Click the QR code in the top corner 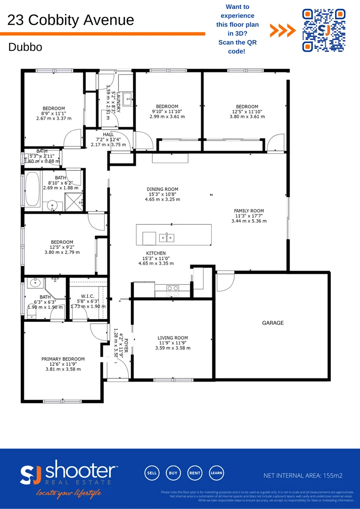click(323, 30)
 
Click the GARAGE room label click(273, 323)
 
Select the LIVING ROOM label click(172, 338)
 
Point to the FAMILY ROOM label click(249, 211)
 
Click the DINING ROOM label click(162, 189)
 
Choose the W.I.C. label click(88, 296)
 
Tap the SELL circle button click(152, 473)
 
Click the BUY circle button click(173, 473)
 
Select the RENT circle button click(195, 473)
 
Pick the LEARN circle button click(217, 473)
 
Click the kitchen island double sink click(166, 238)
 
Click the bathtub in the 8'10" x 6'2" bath click(33, 189)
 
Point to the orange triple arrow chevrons click(283, 31)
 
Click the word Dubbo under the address click(25, 47)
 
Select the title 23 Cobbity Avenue click(71, 20)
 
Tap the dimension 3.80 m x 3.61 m click(247, 116)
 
